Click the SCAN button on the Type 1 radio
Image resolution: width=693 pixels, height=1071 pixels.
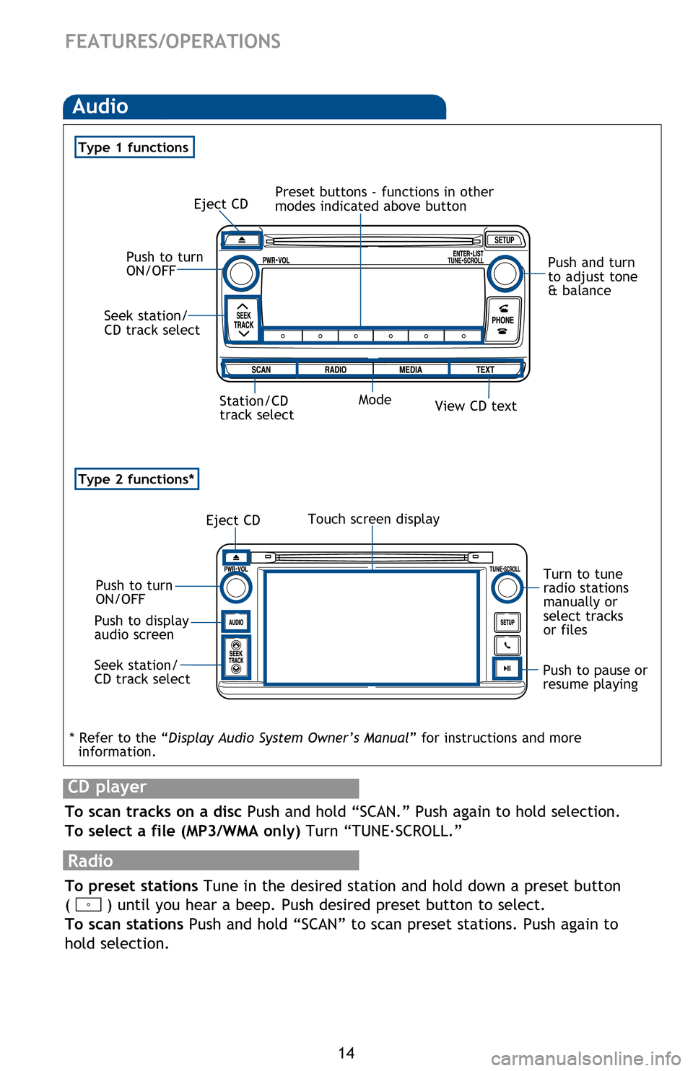coord(261,370)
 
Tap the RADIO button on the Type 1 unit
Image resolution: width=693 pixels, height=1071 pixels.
coord(335,370)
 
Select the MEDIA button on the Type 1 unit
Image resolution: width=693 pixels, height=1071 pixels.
coord(411,370)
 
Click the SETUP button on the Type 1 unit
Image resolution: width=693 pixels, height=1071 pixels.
coord(505,240)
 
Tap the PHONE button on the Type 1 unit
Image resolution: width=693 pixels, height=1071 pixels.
coord(502,320)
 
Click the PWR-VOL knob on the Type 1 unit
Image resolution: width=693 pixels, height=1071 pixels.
coord(240,274)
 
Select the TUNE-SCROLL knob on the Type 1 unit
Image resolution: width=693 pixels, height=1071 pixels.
coord(505,274)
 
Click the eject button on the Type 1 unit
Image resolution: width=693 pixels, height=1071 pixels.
coord(242,240)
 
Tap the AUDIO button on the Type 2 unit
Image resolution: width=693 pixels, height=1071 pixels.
coord(236,622)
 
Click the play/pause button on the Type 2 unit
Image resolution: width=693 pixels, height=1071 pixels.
coord(507,668)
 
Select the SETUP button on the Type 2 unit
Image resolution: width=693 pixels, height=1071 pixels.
coord(507,622)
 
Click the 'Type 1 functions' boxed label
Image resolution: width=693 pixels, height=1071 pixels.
coord(134,147)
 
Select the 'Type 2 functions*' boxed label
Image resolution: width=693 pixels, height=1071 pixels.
coord(136,479)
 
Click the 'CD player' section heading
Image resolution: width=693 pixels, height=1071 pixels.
coord(108,787)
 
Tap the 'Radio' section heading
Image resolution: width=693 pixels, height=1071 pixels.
coord(91,861)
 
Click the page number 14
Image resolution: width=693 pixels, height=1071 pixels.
coord(346,1053)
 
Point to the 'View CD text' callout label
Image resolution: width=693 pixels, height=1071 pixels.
coord(476,406)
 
